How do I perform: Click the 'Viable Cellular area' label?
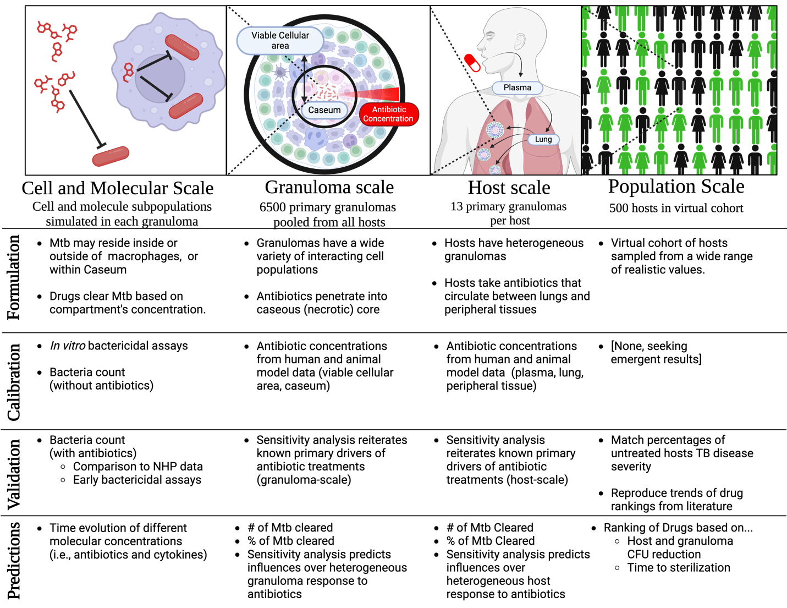click(x=280, y=40)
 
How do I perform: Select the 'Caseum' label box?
click(x=324, y=110)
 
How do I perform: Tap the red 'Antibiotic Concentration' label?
click(x=388, y=114)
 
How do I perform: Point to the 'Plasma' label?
click(x=517, y=87)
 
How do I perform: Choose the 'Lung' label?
click(x=543, y=140)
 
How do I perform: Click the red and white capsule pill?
click(x=472, y=62)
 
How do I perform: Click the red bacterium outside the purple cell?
click(x=111, y=156)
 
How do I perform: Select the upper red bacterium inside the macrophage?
click(x=182, y=47)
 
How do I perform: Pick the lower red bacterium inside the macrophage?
click(x=186, y=106)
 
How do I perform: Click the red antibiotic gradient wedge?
click(x=379, y=94)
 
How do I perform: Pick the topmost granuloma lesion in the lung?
click(x=495, y=129)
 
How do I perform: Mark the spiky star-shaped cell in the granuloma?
click(x=281, y=72)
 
